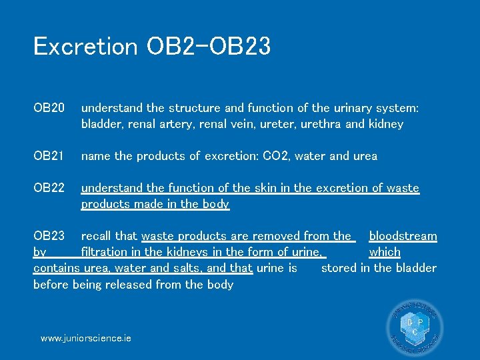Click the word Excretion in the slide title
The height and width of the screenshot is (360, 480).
[85, 46]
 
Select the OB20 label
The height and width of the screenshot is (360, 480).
[49, 107]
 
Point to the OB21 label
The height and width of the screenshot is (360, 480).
[49, 156]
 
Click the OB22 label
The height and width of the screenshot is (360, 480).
[49, 188]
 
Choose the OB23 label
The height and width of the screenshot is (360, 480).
[49, 236]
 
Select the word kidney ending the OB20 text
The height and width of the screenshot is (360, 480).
[387, 124]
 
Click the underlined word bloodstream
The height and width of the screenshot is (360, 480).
[403, 236]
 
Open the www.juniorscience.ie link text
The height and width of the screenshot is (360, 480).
[86, 338]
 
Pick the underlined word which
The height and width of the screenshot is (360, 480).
[385, 252]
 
